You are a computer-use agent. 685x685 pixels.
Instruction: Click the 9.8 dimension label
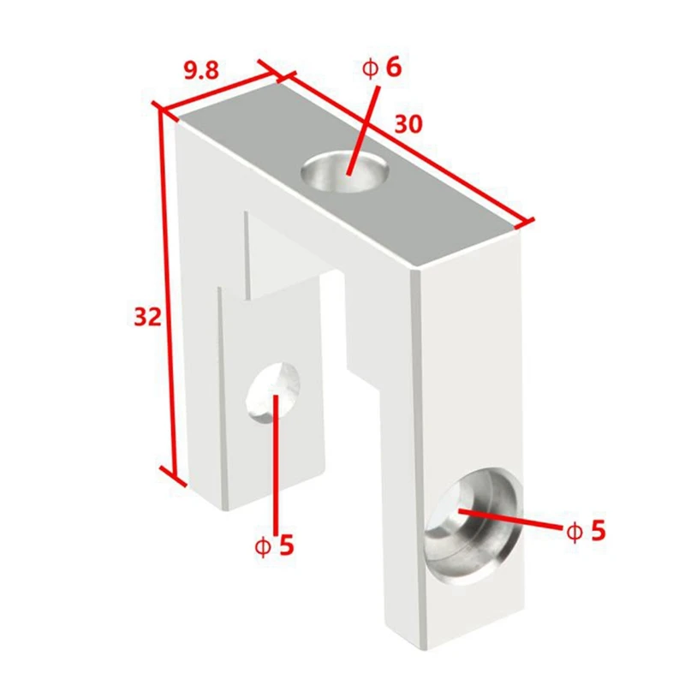point(200,70)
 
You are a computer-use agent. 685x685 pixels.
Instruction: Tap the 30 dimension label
point(408,124)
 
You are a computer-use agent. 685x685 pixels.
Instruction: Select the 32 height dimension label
point(147,317)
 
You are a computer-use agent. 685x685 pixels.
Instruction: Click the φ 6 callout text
point(381,68)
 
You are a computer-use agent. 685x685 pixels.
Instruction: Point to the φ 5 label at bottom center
point(274,545)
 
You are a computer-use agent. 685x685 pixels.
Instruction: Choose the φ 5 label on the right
point(586,531)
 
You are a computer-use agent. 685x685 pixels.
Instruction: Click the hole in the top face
point(345,171)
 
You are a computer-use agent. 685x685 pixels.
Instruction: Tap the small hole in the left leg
point(273,392)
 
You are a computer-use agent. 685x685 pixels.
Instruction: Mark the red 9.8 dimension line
point(221,92)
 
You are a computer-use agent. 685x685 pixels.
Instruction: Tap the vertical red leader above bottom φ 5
point(276,464)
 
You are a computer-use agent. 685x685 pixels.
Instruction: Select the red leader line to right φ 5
point(509,519)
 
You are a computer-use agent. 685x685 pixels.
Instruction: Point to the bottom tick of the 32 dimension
point(173,476)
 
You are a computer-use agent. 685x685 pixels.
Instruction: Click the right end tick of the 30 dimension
point(524,223)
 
